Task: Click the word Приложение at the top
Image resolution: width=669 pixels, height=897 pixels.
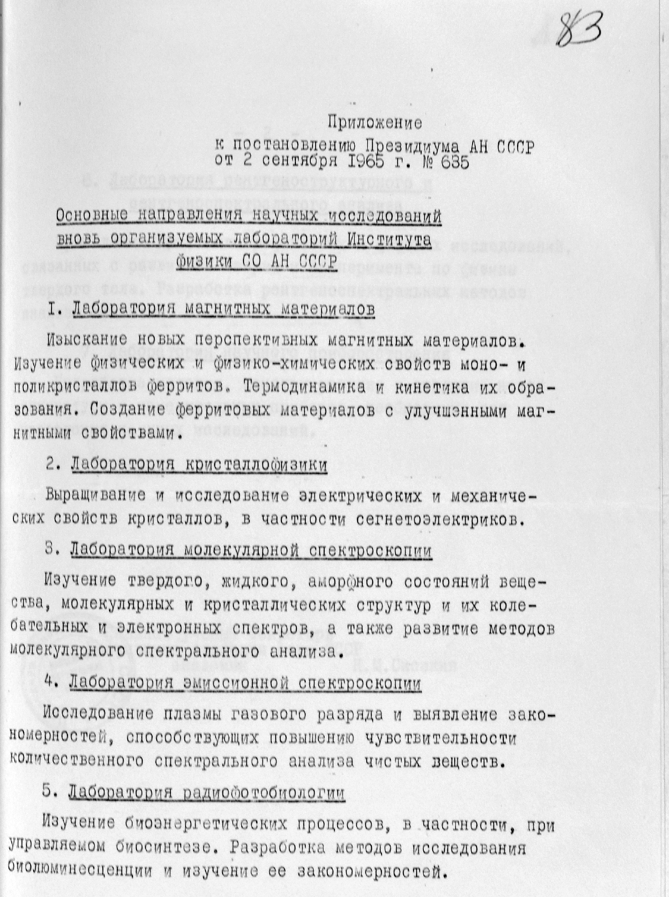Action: (x=375, y=123)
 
